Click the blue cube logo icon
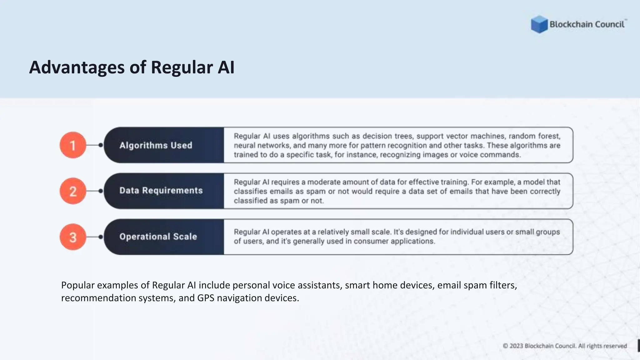click(x=539, y=24)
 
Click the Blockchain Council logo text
click(x=587, y=24)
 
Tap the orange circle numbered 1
click(x=73, y=145)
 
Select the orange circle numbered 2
click(x=73, y=191)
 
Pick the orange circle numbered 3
click(x=73, y=237)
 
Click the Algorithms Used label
click(x=156, y=145)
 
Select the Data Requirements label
click(x=161, y=191)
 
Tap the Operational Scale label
click(x=158, y=237)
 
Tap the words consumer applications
click(x=394, y=241)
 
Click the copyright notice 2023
click(x=516, y=346)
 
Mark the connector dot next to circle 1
click(x=101, y=145)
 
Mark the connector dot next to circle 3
click(x=101, y=237)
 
